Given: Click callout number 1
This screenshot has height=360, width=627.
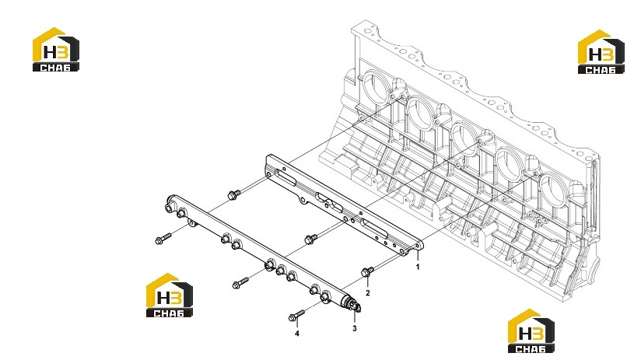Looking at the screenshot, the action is [x=418, y=267].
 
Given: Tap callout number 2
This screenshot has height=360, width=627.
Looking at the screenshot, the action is [x=368, y=293].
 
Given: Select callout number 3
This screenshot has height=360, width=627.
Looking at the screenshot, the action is [x=354, y=328].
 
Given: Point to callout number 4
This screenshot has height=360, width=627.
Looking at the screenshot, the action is [x=296, y=334].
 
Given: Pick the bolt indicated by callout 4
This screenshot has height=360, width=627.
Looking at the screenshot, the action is [x=296, y=315].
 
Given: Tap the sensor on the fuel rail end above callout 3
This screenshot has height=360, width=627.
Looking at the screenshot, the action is [x=354, y=305].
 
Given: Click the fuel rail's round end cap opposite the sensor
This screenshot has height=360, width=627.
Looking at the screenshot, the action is [x=170, y=203].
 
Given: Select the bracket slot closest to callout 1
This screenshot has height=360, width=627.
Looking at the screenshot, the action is [x=374, y=229].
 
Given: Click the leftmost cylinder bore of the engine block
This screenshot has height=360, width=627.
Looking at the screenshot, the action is [x=376, y=90].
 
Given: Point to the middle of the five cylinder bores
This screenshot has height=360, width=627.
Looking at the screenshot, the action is [x=464, y=141].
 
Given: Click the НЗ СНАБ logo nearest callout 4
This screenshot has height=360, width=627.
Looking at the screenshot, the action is [x=169, y=295].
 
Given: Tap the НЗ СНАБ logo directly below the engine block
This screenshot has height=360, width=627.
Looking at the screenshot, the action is [x=531, y=330].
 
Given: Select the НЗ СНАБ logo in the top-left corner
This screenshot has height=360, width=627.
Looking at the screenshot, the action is [x=55, y=50].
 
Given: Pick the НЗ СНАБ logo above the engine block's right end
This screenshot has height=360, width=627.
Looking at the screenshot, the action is [x=601, y=52].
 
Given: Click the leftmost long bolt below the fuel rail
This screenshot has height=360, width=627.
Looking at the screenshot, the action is [x=163, y=239].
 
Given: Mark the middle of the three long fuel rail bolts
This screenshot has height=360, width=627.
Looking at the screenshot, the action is [x=240, y=283].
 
